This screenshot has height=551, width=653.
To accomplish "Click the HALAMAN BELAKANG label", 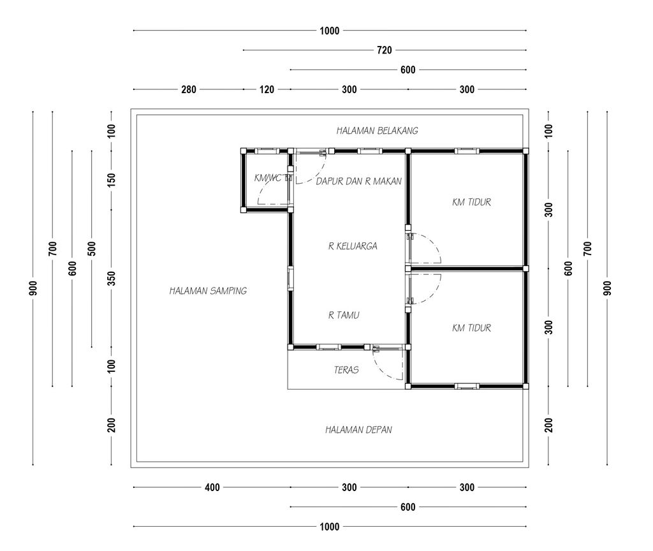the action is (x=377, y=131).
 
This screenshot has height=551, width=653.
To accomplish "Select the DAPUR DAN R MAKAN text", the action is (x=358, y=181).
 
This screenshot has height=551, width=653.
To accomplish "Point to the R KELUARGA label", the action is (x=353, y=246).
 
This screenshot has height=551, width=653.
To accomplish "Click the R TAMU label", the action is (x=344, y=315).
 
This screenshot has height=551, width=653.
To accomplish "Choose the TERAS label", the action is (x=346, y=370).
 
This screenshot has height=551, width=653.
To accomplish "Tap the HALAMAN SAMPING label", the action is (x=208, y=291).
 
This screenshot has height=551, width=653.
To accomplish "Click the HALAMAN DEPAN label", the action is (x=358, y=430).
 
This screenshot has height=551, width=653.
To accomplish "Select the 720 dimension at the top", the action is (x=385, y=50).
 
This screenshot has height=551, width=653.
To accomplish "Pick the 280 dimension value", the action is (x=189, y=89).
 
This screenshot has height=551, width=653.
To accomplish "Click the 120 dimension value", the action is (x=267, y=89).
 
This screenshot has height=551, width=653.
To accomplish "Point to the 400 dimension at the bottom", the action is (x=212, y=487).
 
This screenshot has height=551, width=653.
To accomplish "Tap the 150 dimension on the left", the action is (x=111, y=180).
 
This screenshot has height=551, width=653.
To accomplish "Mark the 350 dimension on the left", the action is (x=111, y=278).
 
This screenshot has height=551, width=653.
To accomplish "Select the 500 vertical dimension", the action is (x=92, y=249).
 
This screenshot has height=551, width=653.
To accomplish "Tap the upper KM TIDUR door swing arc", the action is (x=433, y=242).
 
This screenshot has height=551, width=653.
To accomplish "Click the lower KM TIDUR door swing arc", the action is (x=433, y=293).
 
